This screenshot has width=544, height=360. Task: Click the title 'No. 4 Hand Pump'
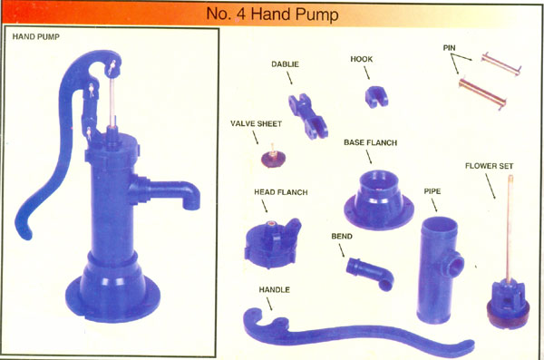coord(272,15)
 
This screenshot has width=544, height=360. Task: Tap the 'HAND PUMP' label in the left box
coord(35,36)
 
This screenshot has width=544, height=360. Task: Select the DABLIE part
coord(307,115)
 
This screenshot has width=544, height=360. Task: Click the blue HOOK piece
coord(376,96)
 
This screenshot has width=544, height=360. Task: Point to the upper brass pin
coord(500,63)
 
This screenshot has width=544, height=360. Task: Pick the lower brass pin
coord(482,93)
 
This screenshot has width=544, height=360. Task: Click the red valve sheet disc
coord(274,159)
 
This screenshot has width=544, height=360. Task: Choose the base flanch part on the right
coord(379,200)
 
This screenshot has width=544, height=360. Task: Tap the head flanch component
coord(272,244)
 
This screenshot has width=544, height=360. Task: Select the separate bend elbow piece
coord(371,273)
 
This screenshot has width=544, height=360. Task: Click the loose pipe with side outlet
coord(439,270)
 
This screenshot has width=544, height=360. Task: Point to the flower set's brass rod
coord(510,229)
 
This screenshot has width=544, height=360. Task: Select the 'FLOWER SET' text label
coord(489,166)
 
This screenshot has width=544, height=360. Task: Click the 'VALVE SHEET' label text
coord(256,123)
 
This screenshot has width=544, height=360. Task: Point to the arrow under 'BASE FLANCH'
coord(368,157)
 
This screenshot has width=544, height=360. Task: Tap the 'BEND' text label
coord(342,236)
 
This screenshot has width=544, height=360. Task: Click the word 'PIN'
coord(450,47)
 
